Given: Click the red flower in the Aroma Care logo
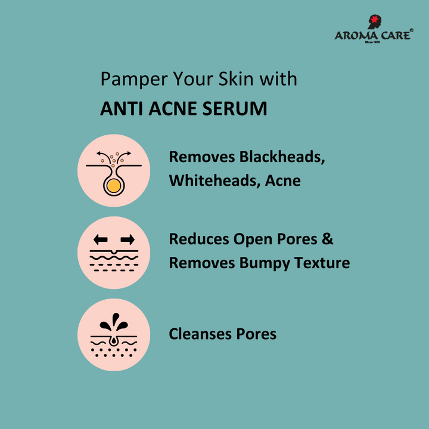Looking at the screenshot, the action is coord(375,19).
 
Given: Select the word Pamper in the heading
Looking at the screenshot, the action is coord(134,80).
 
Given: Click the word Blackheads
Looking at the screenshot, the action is coord(282,157).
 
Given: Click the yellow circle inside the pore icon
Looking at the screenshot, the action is coord(114,186).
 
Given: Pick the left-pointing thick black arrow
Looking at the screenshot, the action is coord(101,240).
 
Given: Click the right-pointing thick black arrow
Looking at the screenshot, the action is coord(128,240).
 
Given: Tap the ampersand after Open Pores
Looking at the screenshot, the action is coord(328,239).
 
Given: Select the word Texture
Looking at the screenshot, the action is coord(322,263).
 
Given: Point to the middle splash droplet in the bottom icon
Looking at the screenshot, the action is coord(116,319).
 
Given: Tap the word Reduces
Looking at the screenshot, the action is coord(199,239).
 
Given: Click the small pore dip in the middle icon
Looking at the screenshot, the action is coord(114,251).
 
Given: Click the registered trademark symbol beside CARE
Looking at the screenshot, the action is coord(412,30).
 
